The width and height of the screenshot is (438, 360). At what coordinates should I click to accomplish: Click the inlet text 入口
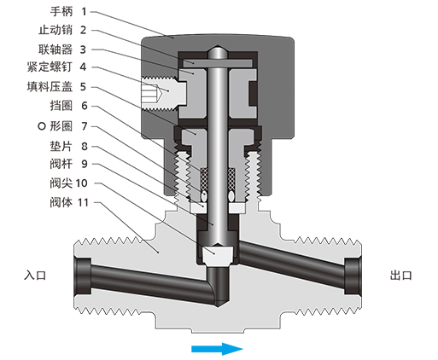[x=35, y=276]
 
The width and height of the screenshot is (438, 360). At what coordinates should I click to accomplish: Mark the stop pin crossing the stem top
[x=219, y=62]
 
